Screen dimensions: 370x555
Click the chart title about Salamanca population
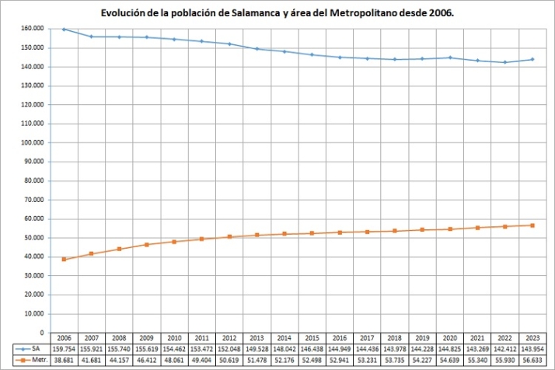click(277, 13)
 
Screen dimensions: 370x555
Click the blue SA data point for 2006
click(64, 29)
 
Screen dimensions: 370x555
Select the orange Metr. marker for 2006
click(64, 260)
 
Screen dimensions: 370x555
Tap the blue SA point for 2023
click(532, 59)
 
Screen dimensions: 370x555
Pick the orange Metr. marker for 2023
click(532, 225)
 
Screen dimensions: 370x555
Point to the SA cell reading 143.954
click(532, 350)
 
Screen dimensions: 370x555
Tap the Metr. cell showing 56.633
click(532, 361)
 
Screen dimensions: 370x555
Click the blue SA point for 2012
click(229, 44)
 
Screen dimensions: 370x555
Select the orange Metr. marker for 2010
click(174, 242)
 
